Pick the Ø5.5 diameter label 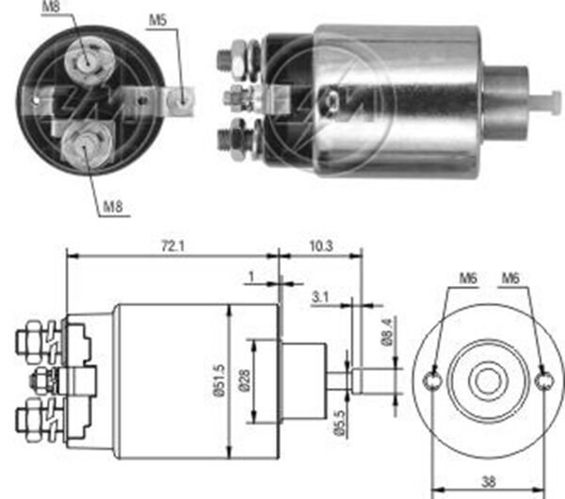pos(340,419)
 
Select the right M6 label pos(510,278)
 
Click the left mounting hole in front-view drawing pos(432,380)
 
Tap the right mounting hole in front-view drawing pos(542,380)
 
